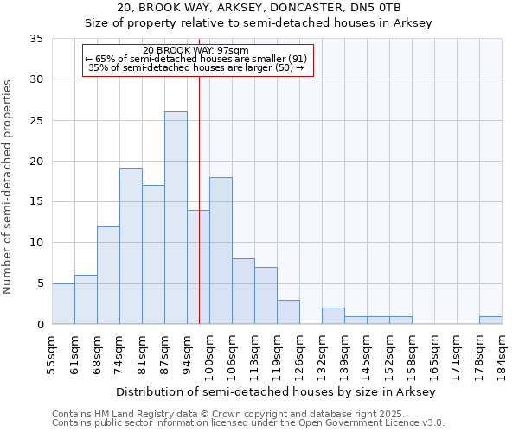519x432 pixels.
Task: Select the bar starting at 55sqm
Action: pyautogui.click(x=63, y=303)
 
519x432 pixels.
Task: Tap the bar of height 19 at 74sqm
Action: pyautogui.click(x=131, y=246)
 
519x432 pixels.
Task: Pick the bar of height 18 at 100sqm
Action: pyautogui.click(x=221, y=251)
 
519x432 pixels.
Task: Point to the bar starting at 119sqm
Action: pyautogui.click(x=288, y=312)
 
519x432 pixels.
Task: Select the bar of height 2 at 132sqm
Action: pyautogui.click(x=333, y=316)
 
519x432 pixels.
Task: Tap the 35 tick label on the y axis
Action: pyautogui.click(x=35, y=39)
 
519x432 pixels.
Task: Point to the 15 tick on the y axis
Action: pyautogui.click(x=35, y=202)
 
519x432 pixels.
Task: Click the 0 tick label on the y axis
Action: pyautogui.click(x=39, y=324)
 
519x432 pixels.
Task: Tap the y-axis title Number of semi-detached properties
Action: pyautogui.click(x=9, y=186)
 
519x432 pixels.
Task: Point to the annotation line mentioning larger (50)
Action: pyautogui.click(x=196, y=67)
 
